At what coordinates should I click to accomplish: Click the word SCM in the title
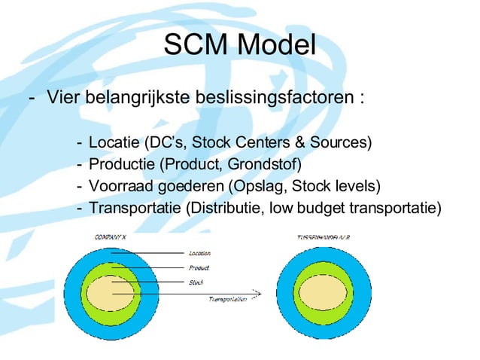(x=195, y=46)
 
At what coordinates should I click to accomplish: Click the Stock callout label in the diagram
(x=195, y=282)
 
